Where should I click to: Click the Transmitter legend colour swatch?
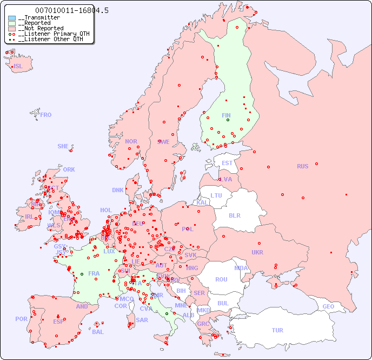coord(12,18)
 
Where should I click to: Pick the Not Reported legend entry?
coord(41,29)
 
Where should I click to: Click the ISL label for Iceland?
coord(18,67)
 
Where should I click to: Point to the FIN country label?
coord(226,115)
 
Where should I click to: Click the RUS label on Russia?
coord(302,166)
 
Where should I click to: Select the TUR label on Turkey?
coord(277,330)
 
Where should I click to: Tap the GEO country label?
coord(328,306)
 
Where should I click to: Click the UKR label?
coord(257,252)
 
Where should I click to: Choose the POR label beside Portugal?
coord(21,319)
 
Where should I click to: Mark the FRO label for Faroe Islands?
coord(46,115)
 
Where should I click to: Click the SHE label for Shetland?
coord(63,146)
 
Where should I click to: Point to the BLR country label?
coord(235,215)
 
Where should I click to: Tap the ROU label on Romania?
coord(221,279)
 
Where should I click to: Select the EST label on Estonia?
coord(227,163)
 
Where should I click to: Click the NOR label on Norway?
coord(131,141)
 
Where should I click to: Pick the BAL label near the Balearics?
coord(98,332)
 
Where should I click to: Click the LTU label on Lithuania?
coord(216,195)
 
